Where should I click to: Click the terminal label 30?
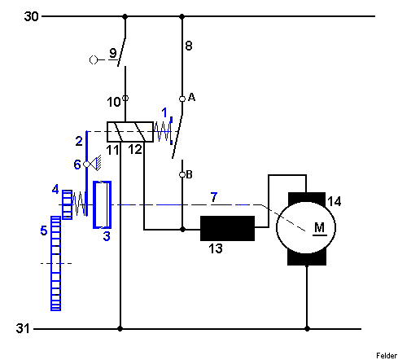tap(31, 16)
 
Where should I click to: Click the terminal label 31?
tap(23, 328)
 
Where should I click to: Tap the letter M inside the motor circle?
tap(320, 227)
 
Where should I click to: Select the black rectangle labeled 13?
tap(227, 228)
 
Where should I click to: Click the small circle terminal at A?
tap(182, 99)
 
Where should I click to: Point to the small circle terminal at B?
tap(182, 174)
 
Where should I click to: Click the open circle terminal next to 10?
tap(125, 98)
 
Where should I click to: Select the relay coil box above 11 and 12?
tap(130, 132)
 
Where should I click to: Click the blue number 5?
tap(44, 230)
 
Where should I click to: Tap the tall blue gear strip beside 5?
tap(56, 263)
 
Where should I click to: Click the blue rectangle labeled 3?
tap(103, 204)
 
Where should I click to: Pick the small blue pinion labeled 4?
tap(68, 204)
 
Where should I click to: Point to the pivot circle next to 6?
tap(86, 165)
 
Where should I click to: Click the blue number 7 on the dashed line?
tap(214, 197)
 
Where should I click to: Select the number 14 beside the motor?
tap(335, 201)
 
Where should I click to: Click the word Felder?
tap(387, 355)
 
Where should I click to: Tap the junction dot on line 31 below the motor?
tap(307, 329)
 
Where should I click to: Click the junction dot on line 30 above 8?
tap(182, 16)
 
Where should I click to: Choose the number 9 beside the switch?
tap(113, 53)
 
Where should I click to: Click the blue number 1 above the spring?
tap(164, 112)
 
